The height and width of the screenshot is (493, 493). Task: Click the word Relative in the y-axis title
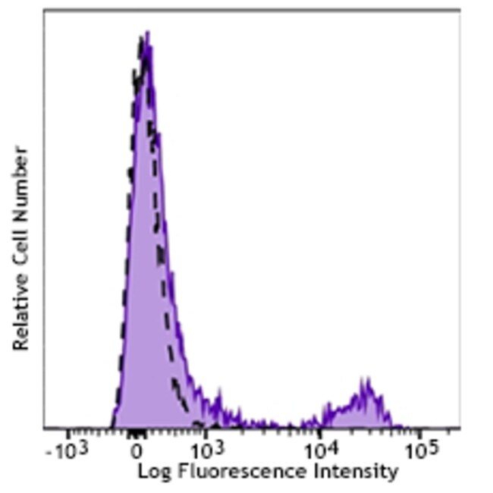pyautogui.click(x=20, y=312)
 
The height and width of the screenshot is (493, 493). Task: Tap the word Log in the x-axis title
pyautogui.click(x=152, y=473)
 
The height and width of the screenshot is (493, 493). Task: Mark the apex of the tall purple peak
pyautogui.click(x=147, y=33)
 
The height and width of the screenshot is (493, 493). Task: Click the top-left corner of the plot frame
pyautogui.click(x=44, y=11)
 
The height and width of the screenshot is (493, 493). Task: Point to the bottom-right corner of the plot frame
pyautogui.click(x=460, y=429)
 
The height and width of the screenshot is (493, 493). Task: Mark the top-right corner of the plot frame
pyautogui.click(x=460, y=11)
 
